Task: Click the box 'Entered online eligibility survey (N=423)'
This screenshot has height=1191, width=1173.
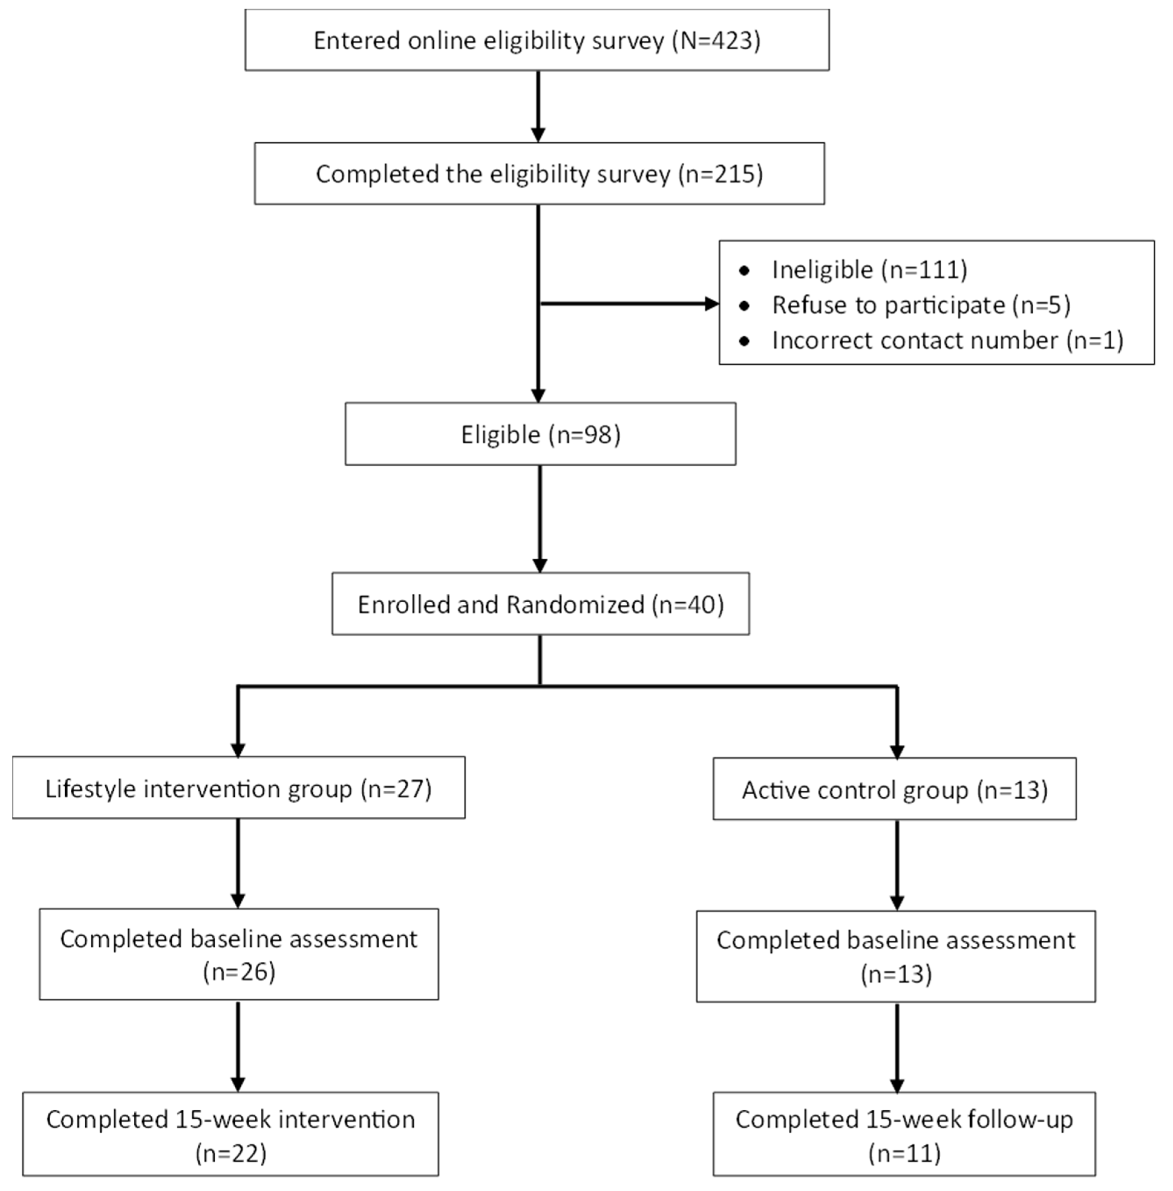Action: (x=536, y=40)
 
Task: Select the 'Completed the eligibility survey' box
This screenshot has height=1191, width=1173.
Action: (x=539, y=174)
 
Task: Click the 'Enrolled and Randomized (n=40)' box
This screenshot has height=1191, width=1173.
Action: (x=540, y=604)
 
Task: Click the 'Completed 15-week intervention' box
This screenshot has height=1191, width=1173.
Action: (x=230, y=1135)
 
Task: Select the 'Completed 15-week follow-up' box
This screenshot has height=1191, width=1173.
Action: (x=904, y=1135)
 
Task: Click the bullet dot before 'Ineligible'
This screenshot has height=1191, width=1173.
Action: (x=744, y=271)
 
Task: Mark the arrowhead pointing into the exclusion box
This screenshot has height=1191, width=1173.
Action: (x=712, y=304)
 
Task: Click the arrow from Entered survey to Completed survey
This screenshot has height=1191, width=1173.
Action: (x=539, y=105)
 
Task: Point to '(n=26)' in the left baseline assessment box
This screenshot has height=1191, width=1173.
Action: (x=239, y=972)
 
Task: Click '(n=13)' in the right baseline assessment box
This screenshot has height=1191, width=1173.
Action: (x=896, y=974)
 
